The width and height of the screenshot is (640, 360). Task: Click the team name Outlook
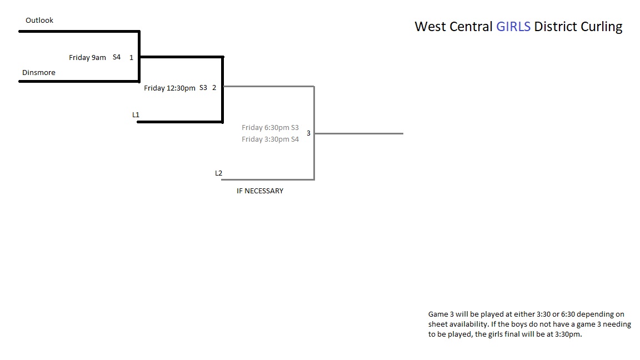tap(39, 20)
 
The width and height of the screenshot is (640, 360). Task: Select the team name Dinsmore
tap(39, 72)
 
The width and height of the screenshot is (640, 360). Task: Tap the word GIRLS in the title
tap(513, 27)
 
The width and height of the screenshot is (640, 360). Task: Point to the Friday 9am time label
tap(87, 58)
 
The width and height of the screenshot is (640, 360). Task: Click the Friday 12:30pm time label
tap(169, 88)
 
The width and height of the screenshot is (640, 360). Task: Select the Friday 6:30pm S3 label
tap(270, 127)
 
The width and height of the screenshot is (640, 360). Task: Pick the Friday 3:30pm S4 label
tap(270, 139)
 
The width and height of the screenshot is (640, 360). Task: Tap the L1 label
tap(136, 114)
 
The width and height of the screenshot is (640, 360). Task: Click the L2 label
tap(219, 173)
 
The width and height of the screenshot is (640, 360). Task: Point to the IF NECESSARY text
tap(260, 191)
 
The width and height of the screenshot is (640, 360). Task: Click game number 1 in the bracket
tap(132, 58)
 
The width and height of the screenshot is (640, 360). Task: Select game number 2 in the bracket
tap(214, 87)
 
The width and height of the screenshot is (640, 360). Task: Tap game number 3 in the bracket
tap(308, 133)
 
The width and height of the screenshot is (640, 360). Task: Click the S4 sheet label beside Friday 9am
tap(117, 57)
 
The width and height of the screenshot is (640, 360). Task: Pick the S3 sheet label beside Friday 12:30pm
tap(203, 87)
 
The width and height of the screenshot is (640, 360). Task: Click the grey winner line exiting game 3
tap(359, 133)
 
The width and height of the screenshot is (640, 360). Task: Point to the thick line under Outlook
tap(79, 31)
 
